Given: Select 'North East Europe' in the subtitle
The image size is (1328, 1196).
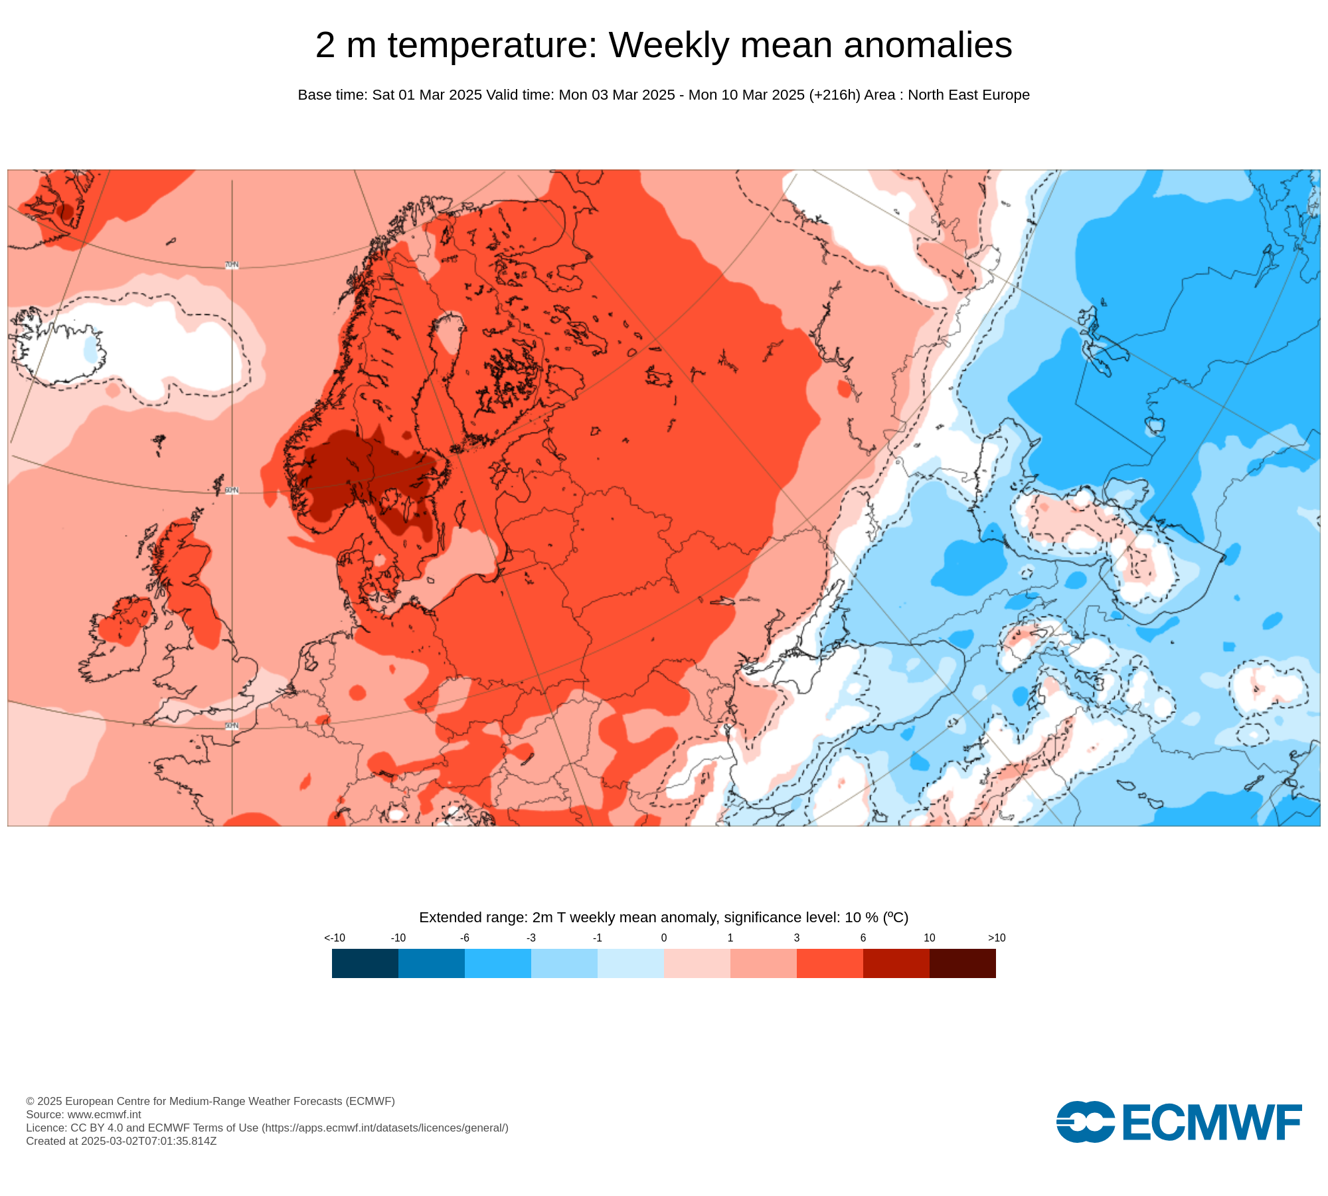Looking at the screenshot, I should point(968,95).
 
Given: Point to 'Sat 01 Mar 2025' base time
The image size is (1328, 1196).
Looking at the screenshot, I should point(427,95).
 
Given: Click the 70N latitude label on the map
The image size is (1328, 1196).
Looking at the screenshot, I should point(231,265).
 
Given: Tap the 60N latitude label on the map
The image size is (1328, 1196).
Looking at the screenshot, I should point(231,490).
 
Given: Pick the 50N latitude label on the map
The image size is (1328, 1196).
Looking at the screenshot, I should point(231,726).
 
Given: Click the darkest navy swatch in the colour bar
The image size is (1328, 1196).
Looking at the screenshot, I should point(365,963).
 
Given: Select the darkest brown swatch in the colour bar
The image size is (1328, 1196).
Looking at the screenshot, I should point(962,963).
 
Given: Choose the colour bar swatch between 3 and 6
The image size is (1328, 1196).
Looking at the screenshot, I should point(829,963).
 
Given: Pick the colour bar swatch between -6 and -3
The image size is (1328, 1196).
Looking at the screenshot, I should point(497,963).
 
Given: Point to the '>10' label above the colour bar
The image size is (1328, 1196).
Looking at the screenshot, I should point(996,938).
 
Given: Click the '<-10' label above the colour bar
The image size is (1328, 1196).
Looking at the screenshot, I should point(334,938).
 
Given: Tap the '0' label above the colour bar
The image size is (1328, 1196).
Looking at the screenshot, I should point(663,938).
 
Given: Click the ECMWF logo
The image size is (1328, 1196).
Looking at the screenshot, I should point(1179,1122).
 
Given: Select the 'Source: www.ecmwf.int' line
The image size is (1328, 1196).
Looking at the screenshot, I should point(84,1114).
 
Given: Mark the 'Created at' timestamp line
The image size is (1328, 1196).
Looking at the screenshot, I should point(122,1141).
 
